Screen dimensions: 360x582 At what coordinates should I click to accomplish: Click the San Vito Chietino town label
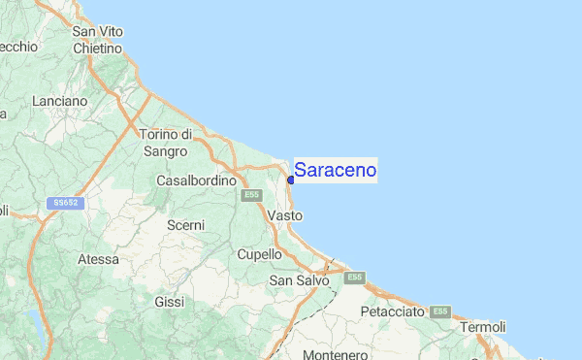coord(97,39)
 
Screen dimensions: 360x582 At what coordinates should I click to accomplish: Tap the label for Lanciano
coord(59,101)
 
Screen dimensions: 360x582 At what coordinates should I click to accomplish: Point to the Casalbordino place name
coord(197,180)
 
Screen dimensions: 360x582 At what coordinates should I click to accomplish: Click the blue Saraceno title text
coord(335,171)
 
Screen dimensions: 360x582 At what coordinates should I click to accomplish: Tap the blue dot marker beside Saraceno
coord(291,180)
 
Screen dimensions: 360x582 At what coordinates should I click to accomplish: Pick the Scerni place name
coord(185,225)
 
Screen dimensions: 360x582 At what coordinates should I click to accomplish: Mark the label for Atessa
coord(98,259)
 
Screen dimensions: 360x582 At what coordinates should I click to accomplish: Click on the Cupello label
coord(259,254)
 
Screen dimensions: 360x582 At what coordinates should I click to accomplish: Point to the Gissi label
coord(169,302)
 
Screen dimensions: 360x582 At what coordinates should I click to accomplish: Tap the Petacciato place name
coord(392,312)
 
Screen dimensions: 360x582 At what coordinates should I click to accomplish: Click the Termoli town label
coord(482,327)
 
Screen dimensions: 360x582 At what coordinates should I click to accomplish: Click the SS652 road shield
coord(67,203)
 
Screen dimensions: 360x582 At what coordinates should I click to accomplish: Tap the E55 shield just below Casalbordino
coord(251,195)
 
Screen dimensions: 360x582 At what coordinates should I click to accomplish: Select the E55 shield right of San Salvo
coord(354,278)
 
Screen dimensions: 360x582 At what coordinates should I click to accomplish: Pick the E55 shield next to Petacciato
coord(440,311)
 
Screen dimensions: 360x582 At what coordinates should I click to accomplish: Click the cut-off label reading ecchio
coord(18,46)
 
